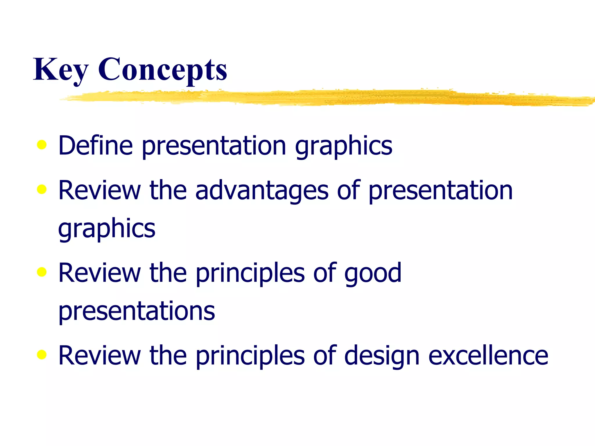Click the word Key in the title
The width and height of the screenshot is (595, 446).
(60, 70)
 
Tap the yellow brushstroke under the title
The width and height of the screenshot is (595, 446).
(320, 98)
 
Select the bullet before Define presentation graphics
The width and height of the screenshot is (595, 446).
(42, 145)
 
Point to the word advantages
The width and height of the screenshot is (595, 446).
(261, 191)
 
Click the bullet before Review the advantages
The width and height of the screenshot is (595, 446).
(42, 189)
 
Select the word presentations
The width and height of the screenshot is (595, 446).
(137, 311)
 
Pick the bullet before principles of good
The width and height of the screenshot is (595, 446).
(42, 272)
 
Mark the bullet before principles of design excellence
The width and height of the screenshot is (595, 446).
(42, 354)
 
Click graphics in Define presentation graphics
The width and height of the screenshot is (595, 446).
(343, 146)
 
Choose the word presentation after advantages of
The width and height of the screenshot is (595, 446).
(440, 191)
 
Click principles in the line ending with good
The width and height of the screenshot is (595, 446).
(250, 274)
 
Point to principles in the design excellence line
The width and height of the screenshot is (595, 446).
(250, 356)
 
